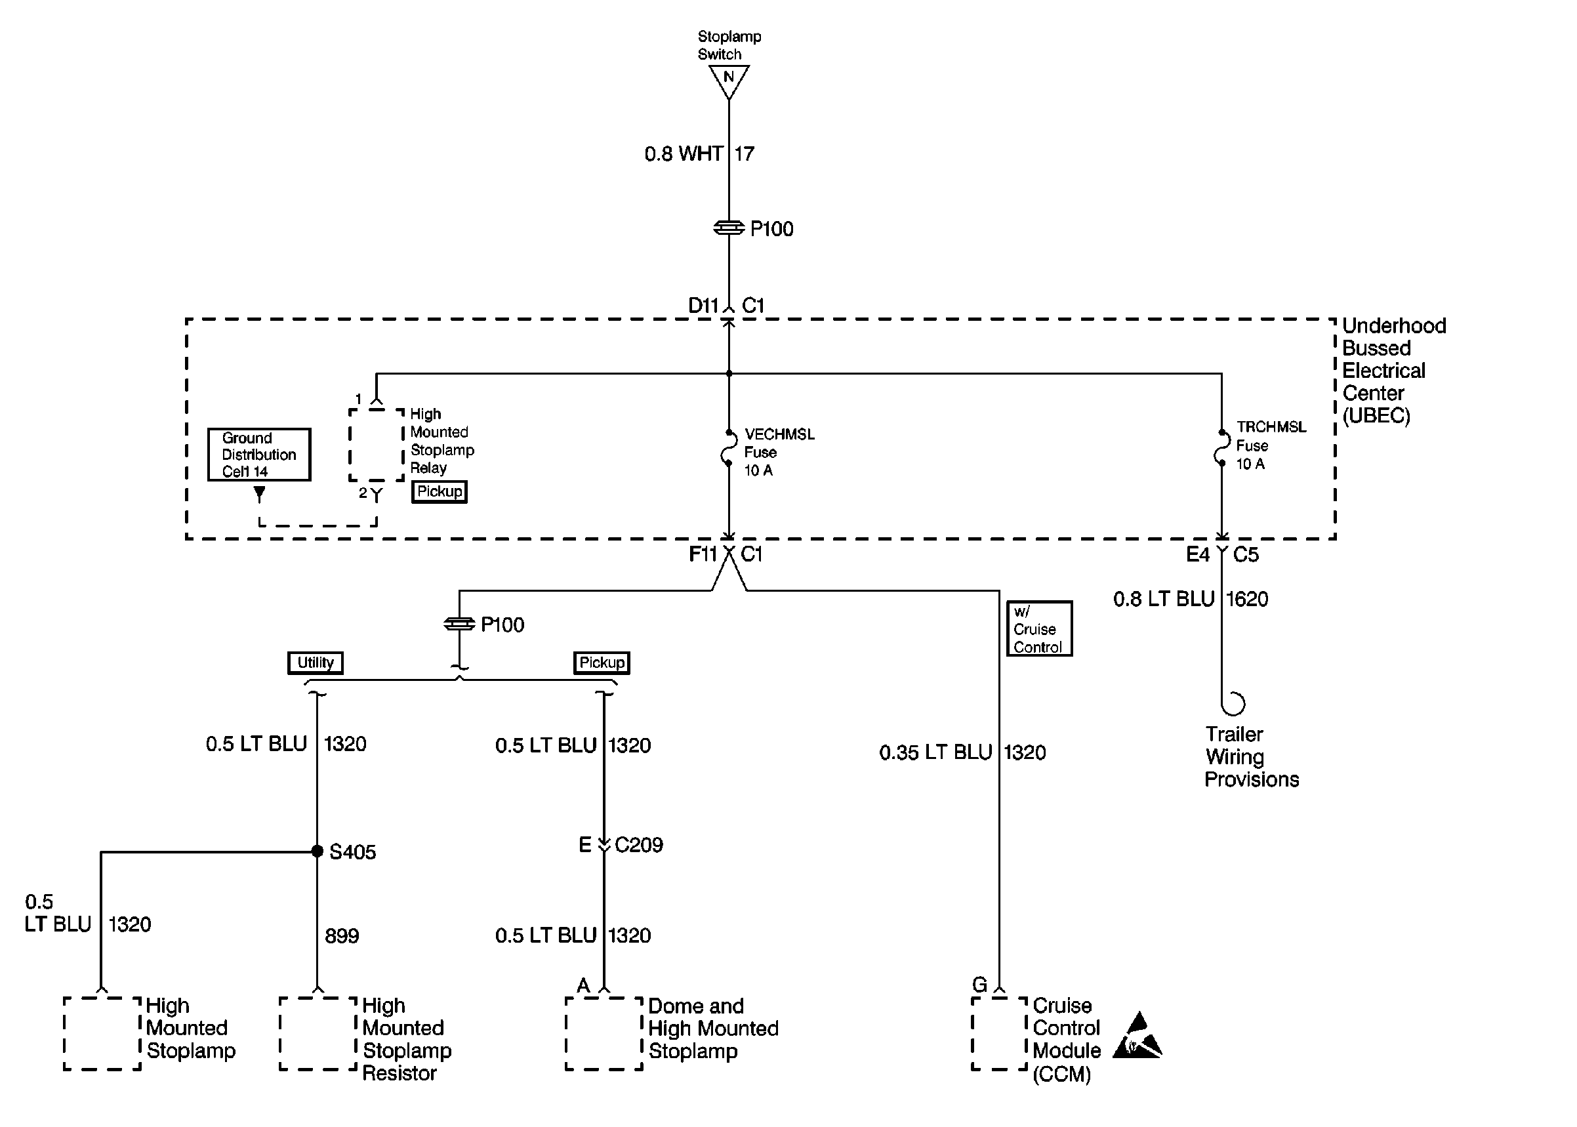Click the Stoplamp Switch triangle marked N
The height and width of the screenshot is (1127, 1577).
[729, 80]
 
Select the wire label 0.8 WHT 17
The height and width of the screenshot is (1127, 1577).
[699, 154]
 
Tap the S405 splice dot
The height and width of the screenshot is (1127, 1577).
[317, 851]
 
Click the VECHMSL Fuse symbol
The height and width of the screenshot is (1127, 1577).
[727, 448]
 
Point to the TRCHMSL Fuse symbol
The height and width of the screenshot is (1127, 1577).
[1221, 447]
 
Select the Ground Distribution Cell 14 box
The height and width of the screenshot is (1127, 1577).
[258, 455]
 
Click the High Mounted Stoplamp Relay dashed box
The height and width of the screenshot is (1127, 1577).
[376, 445]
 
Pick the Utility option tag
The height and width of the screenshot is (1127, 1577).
[316, 663]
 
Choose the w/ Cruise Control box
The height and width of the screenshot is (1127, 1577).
[1038, 628]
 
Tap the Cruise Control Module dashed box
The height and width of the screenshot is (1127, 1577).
[999, 1034]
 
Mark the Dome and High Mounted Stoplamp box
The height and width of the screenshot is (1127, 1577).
[604, 1034]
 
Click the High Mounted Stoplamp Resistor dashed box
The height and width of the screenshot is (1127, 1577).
[317, 1034]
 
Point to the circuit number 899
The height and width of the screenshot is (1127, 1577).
[342, 936]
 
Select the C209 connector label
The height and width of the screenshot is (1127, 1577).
[638, 845]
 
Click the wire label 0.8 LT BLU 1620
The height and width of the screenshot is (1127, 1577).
[1191, 599]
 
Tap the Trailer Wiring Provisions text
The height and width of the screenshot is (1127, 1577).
[1251, 757]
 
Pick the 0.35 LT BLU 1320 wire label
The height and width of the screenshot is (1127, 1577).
[962, 753]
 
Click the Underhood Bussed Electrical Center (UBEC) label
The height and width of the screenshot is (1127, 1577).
[1393, 371]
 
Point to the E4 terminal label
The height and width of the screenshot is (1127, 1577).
[1197, 554]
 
